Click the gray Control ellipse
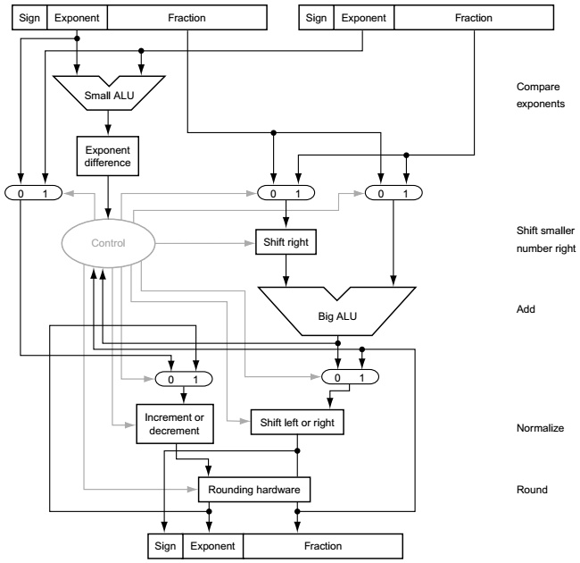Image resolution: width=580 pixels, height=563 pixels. point(108,240)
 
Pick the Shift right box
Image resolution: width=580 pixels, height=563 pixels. point(285,240)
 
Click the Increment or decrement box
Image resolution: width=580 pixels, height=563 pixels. point(175,422)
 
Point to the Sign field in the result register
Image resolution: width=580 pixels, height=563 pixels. point(164,544)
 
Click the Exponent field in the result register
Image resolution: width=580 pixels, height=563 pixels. point(212,544)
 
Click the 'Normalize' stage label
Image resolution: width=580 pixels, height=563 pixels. point(540,428)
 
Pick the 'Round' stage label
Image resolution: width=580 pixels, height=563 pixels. point(531,489)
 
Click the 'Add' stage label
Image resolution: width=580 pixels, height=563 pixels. point(526,309)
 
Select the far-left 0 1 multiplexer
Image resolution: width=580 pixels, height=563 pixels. point(34,192)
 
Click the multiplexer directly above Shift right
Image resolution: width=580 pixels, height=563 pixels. point(285,192)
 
